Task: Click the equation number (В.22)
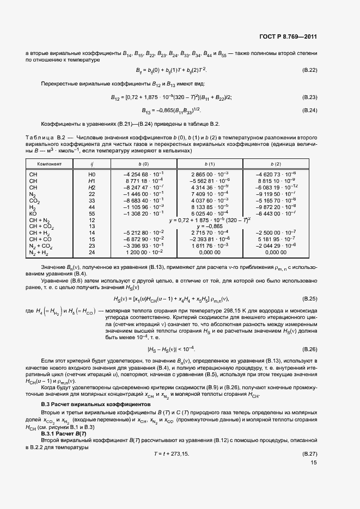coord(309,71)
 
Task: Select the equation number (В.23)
coord(309,97)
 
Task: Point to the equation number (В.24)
coord(309,111)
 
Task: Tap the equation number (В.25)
coord(309,299)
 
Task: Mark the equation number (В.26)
coord(309,348)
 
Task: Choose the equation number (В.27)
coord(309,453)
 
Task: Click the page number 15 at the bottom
coord(313,464)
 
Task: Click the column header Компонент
coord(50,163)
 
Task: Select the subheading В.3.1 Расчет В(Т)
coord(64,433)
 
